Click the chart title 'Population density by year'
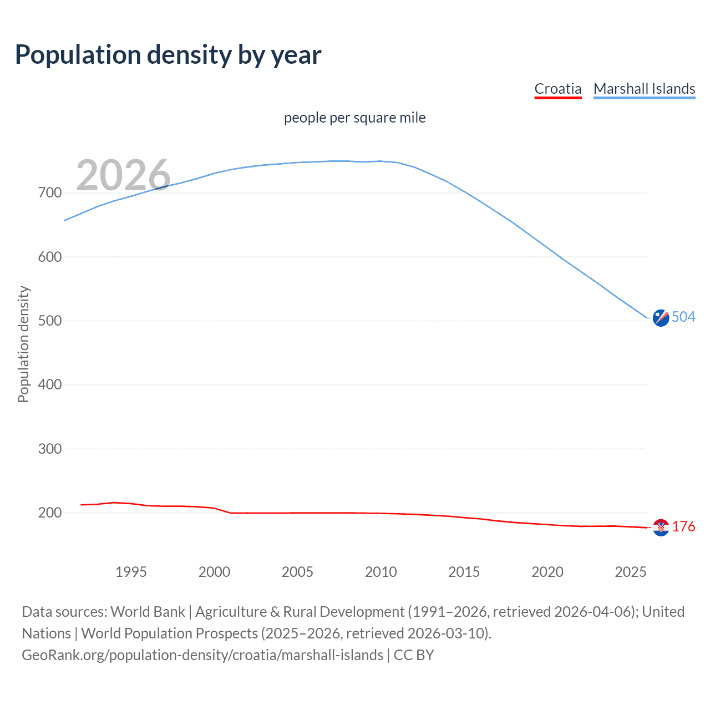point(168,55)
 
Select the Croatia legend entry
point(557,89)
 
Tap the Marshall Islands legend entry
point(644,89)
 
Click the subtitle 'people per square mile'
point(354,118)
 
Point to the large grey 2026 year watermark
point(123,175)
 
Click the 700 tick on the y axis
point(50,193)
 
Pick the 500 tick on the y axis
point(50,321)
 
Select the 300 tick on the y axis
point(50,449)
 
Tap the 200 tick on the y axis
point(50,513)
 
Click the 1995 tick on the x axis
point(131,572)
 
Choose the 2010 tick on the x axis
point(381,572)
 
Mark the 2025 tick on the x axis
point(630,572)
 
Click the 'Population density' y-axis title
point(23,344)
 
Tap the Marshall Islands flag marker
point(661,318)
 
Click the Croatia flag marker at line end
point(661,528)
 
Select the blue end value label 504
point(683,317)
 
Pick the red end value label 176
point(683,526)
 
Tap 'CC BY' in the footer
point(414,655)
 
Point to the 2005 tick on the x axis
point(297,572)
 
